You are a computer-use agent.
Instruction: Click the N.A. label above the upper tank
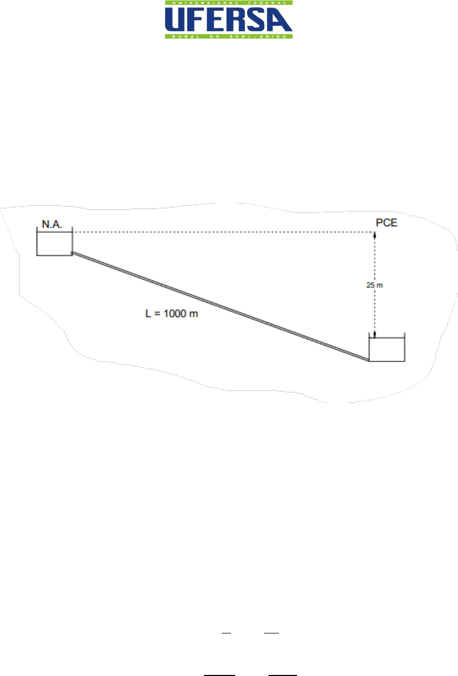(52, 224)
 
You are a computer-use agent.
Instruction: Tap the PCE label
(386, 222)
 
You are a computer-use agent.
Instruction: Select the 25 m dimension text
(375, 285)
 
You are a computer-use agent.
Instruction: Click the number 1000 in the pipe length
(175, 313)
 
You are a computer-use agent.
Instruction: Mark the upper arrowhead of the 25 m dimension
(375, 235)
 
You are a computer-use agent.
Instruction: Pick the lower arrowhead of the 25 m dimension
(375, 334)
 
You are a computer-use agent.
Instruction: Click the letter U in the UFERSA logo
(175, 19)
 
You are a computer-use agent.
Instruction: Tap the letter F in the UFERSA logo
(197, 19)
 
